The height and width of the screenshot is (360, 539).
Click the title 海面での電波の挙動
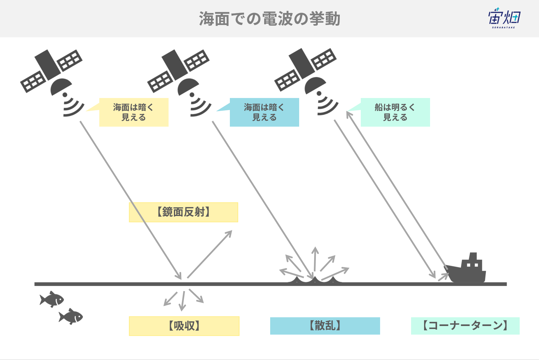click(269, 19)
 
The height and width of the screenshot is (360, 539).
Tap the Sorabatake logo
click(504, 18)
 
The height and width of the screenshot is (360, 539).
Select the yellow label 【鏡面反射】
click(183, 212)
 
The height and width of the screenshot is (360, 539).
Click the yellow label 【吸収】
click(184, 326)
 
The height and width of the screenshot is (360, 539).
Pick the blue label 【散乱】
click(325, 326)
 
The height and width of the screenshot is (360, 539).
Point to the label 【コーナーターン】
click(465, 326)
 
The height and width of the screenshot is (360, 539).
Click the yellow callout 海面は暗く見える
click(134, 112)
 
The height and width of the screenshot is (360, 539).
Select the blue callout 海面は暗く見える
click(264, 112)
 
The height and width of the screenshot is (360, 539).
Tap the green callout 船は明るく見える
click(395, 112)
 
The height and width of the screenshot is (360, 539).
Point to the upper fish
click(52, 299)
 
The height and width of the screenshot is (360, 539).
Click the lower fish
click(71, 316)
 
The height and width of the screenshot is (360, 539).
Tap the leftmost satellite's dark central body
click(48, 65)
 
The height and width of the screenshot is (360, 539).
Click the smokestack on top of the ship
click(473, 256)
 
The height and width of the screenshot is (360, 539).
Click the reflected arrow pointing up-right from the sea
click(210, 254)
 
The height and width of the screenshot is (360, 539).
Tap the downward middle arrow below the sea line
click(183, 301)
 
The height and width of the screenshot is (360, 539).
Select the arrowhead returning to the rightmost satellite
click(348, 115)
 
